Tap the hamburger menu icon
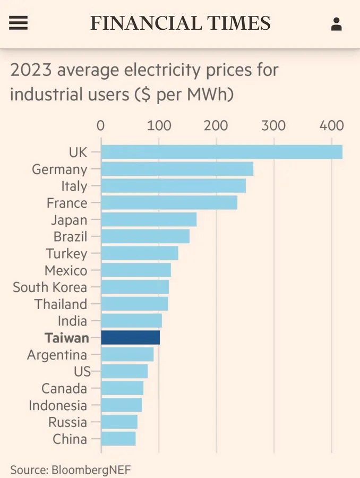pos(19,23)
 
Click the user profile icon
pos(336,24)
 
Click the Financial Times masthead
pos(180,23)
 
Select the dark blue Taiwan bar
pos(130,338)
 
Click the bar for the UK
pos(221,152)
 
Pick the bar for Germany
pos(177,169)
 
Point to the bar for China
pos(118,439)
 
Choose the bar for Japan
pos(149,219)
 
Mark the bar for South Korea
pos(135,287)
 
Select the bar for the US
pos(124,371)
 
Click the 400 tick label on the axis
pos(332,126)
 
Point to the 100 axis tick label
pos(158,126)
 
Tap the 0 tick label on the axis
pos(101,126)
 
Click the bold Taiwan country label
pos(66,338)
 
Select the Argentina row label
pos(57,355)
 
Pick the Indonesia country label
pos(58,405)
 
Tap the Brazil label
pos(70,236)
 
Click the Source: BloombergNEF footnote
pos(70,470)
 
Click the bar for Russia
pos(119,422)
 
